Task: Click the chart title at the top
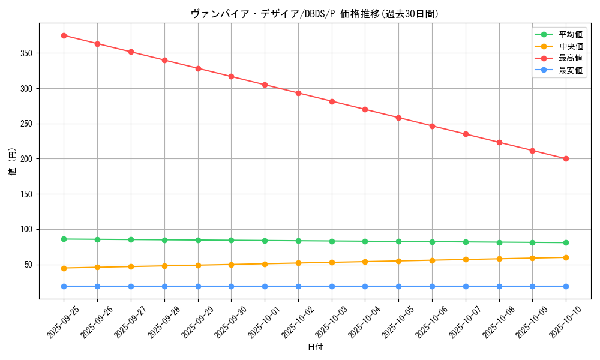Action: pos(314,14)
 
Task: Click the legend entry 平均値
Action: pos(570,34)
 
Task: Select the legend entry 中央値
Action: pos(570,46)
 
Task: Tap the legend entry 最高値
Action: pos(570,58)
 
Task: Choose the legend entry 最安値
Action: pos(570,70)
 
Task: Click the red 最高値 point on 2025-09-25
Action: pos(64,35)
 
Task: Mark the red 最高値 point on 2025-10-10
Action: pos(566,159)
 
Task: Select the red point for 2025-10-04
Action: pos(365,109)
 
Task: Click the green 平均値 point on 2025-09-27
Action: pos(131,239)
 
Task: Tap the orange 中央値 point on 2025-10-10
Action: pos(566,257)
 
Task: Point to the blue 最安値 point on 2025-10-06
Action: pos(432,286)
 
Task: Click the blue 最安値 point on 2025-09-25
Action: pos(64,286)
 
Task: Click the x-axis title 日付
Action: pos(314,347)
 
